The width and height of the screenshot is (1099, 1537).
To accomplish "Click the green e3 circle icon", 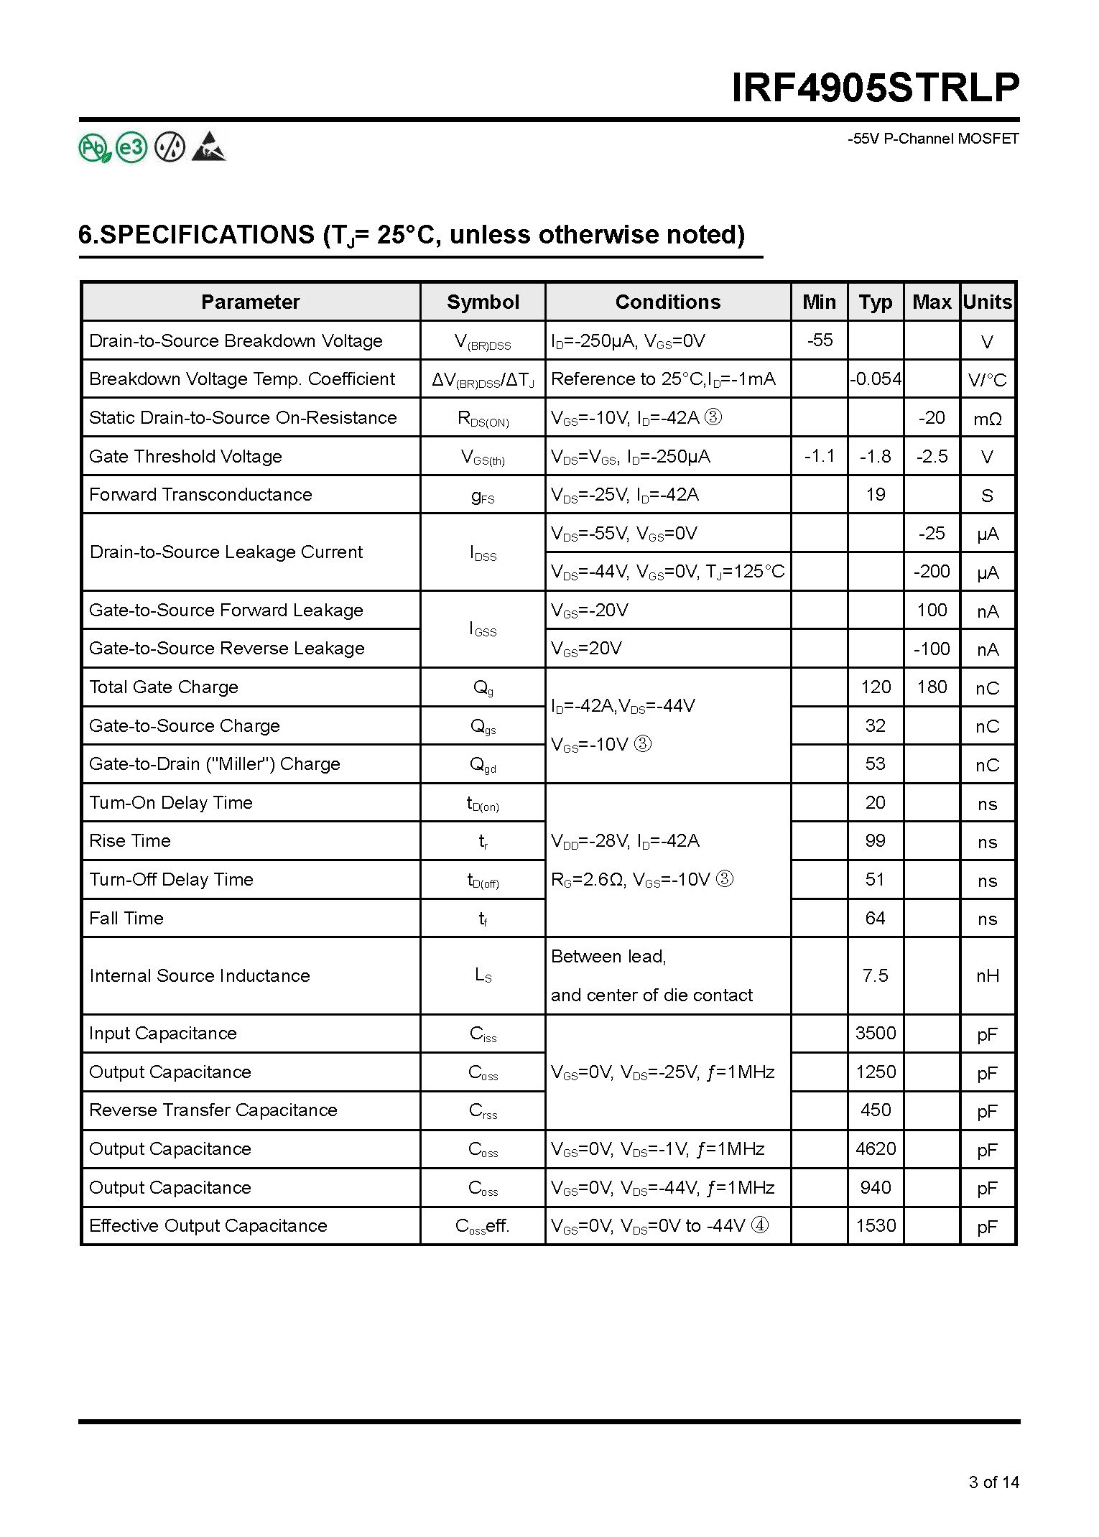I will coord(131,148).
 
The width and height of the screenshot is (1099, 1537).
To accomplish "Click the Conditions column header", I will coord(667,302).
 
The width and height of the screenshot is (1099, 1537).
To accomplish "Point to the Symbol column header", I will coord(483,302).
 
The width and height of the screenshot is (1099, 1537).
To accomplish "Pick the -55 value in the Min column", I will coord(820,340).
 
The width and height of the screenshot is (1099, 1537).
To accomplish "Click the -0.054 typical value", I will coord(875,379).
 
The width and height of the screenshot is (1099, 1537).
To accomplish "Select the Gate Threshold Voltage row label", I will coord(185,456).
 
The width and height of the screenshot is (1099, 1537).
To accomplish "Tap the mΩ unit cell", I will coord(987,419).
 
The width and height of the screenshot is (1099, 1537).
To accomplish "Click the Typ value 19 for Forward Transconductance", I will coord(875,494).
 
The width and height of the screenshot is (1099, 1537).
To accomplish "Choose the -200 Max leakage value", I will coord(932,572).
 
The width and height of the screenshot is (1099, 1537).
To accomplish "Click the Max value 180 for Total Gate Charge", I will coord(932,687).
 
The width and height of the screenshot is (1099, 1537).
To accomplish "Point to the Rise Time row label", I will coord(130,841).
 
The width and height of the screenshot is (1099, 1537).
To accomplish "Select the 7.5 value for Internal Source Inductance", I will coord(875,975).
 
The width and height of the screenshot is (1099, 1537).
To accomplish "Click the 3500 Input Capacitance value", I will coord(875,1033).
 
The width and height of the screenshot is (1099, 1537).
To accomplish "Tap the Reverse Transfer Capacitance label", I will coord(213,1110).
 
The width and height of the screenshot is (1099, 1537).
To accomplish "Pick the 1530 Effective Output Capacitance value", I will coord(875,1225).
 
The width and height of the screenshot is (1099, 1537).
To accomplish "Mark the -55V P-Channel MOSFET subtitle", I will coord(933,139).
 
